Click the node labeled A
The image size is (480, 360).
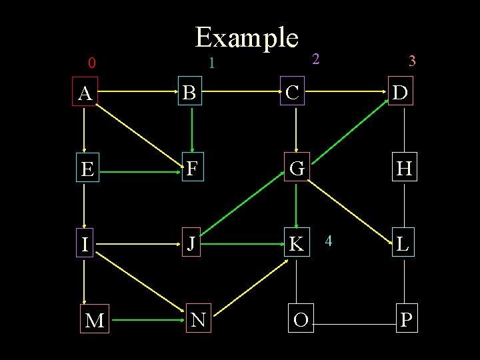pyautogui.click(x=85, y=94)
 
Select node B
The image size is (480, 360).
pyautogui.click(x=190, y=93)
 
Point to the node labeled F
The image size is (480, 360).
pyautogui.click(x=191, y=169)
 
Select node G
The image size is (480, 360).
pyautogui.click(x=297, y=169)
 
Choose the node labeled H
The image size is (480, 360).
pyautogui.click(x=404, y=169)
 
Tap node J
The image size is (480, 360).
pyautogui.click(x=191, y=244)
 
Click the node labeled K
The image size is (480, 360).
pyautogui.click(x=296, y=244)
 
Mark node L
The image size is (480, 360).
pyautogui.click(x=403, y=244)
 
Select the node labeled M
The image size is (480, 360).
pyautogui.click(x=95, y=321)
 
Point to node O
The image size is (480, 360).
pyautogui.click(x=301, y=320)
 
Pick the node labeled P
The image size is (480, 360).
pyautogui.click(x=406, y=321)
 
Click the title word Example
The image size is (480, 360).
pyautogui.click(x=246, y=37)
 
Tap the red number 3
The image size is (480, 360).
pyautogui.click(x=412, y=61)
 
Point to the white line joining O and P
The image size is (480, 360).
pyautogui.click(x=354, y=325)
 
